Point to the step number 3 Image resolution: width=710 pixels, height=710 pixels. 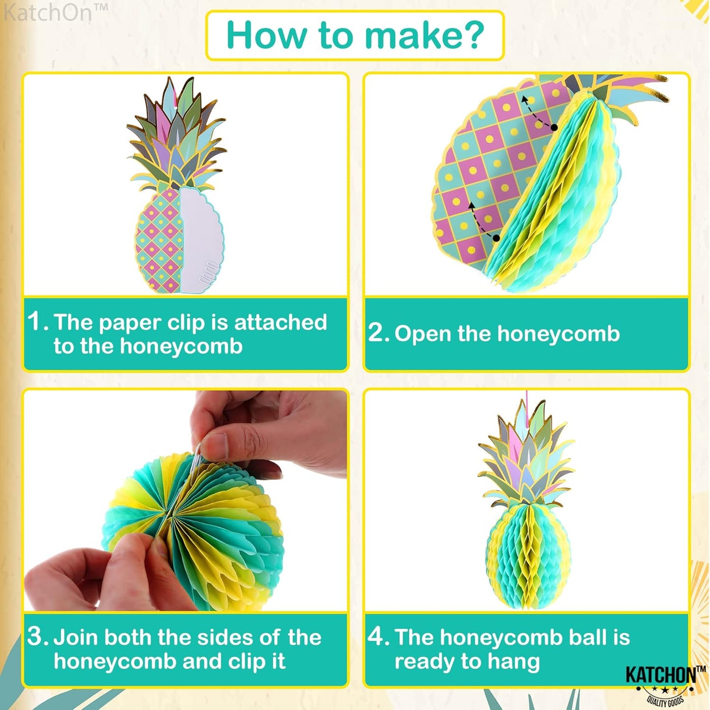[x=36, y=636]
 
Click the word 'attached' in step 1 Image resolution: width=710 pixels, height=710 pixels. [x=280, y=322]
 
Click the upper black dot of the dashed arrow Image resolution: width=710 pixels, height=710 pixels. [x=554, y=128]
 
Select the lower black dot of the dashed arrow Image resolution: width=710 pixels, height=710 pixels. [x=496, y=238]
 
